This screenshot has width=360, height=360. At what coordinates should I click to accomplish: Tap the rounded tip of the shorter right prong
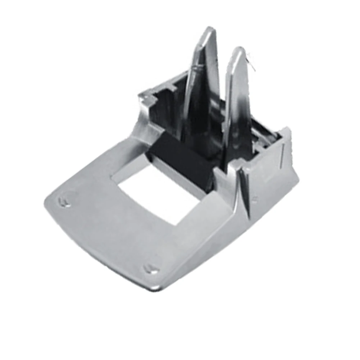tap(238, 51)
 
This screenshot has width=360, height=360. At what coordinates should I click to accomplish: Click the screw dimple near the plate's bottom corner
tap(150, 268)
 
